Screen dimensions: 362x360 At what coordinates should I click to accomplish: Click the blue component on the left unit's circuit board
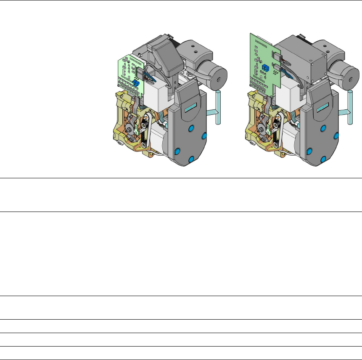[136, 83]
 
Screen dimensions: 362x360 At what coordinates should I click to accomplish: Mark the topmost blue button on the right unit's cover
[323, 128]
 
